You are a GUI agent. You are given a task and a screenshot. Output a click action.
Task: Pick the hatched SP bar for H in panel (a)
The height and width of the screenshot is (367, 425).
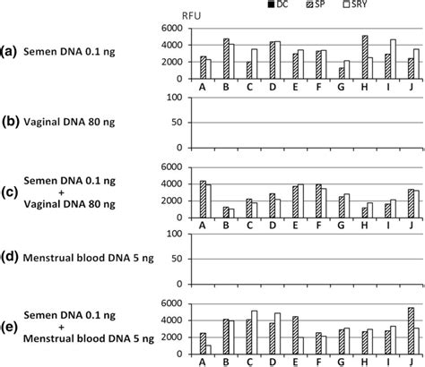pos(365,59)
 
